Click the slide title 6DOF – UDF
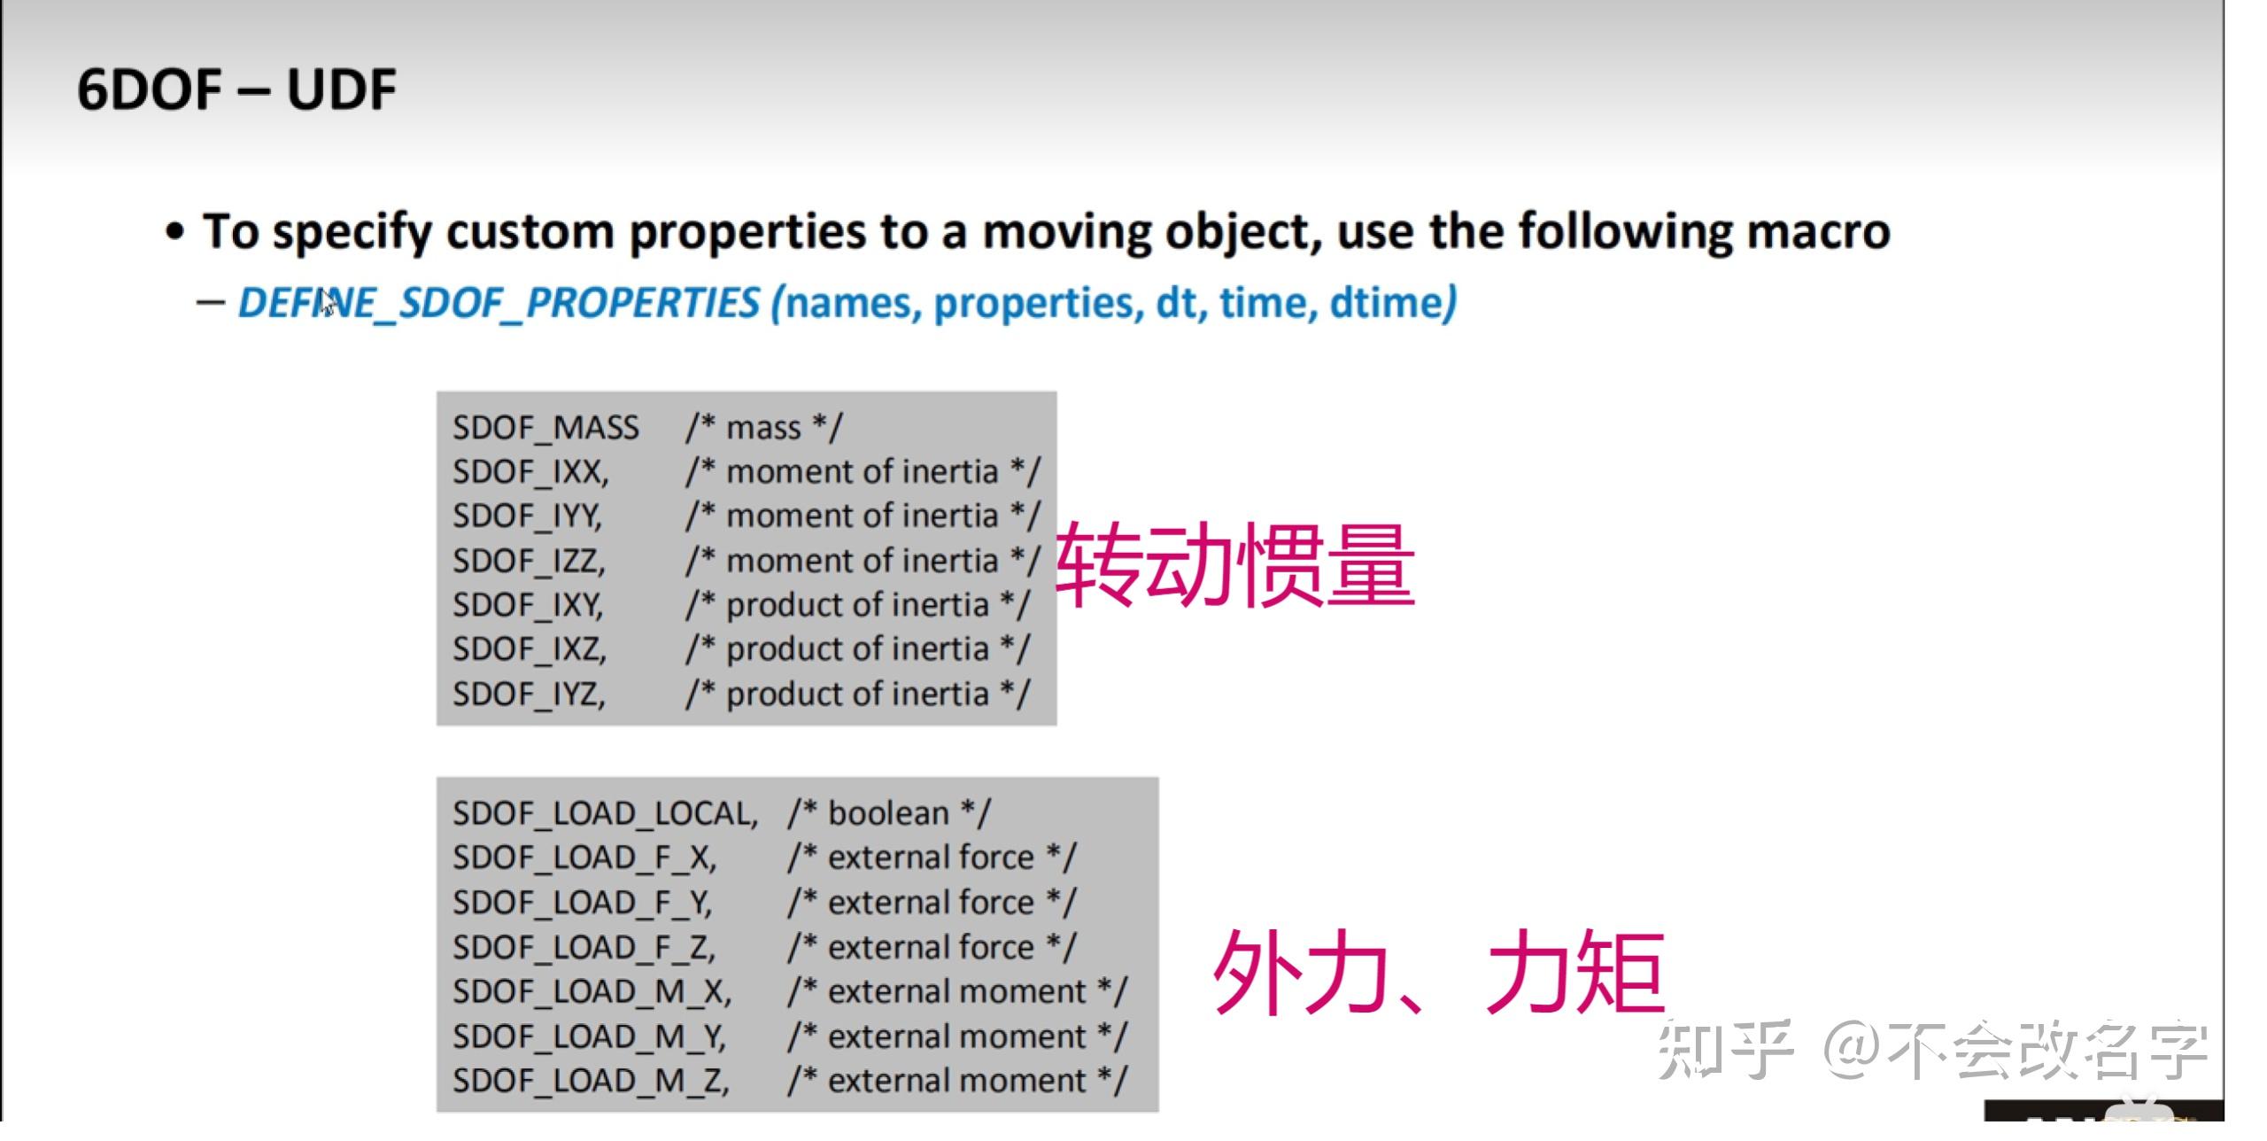coord(236,90)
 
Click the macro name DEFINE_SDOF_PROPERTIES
coord(499,303)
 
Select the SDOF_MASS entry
coord(545,428)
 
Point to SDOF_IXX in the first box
coord(530,472)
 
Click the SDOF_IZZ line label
coord(529,561)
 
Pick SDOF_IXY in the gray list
coord(528,605)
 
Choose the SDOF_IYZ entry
coord(529,694)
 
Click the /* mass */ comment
coord(764,428)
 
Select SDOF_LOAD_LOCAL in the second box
coord(606,813)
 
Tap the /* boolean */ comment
coord(889,813)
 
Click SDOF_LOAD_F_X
coord(584,858)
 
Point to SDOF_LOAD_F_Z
coord(584,947)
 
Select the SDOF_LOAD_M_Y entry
coord(590,1036)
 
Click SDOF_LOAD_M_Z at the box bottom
coord(592,1081)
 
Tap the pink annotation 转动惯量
coord(1236,564)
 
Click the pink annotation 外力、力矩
coord(1438,972)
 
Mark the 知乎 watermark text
coord(1725,1051)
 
